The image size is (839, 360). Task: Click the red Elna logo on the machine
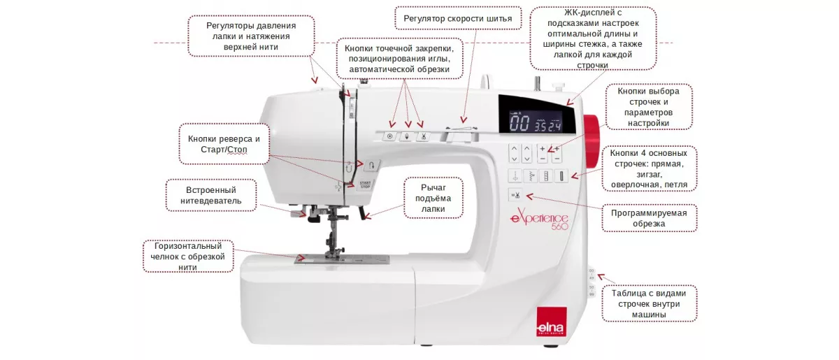click(552, 322)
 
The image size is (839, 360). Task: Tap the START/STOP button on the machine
click(365, 185)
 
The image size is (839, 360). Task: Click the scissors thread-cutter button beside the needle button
click(423, 137)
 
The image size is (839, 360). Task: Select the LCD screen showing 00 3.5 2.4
click(536, 122)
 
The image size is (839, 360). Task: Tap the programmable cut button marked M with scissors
click(515, 195)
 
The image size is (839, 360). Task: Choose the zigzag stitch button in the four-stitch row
click(531, 175)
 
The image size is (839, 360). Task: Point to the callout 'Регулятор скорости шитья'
click(458, 18)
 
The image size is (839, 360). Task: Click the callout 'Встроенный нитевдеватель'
click(211, 195)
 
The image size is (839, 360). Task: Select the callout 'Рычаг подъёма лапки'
click(433, 198)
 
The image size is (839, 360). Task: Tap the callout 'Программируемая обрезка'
click(649, 218)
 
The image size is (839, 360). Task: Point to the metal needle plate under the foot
click(342, 259)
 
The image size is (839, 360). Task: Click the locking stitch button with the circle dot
click(390, 137)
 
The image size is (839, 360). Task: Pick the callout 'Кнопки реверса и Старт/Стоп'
click(224, 144)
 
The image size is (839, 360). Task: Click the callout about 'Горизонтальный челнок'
click(188, 257)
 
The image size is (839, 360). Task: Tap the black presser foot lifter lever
click(363, 213)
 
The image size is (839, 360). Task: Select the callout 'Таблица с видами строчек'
click(649, 303)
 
